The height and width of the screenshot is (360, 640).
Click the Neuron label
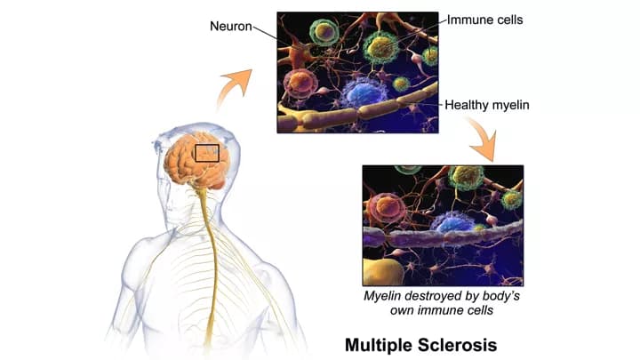[x=230, y=26]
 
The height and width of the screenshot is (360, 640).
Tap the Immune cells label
[x=485, y=20]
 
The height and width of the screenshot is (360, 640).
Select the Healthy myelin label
[x=487, y=105]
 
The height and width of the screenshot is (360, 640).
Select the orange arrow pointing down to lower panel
[x=485, y=140]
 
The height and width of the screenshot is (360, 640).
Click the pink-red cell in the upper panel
[x=300, y=84]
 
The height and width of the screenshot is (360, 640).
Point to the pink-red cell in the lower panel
[x=386, y=208]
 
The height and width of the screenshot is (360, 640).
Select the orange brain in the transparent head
[x=195, y=161]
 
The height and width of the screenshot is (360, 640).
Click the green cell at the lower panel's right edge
[x=512, y=200]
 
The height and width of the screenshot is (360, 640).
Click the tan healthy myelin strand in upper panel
[x=357, y=111]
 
